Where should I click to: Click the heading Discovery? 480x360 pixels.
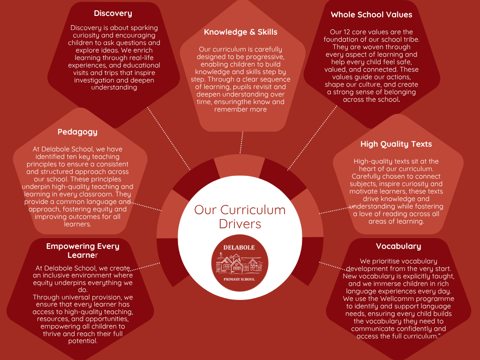[x=112, y=13]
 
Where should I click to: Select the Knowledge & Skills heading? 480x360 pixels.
[x=240, y=32]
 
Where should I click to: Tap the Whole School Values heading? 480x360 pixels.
[x=371, y=15]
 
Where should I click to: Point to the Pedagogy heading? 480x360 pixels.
[x=77, y=132]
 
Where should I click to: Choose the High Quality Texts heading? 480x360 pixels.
[x=396, y=144]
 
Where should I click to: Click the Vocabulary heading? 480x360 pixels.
[x=398, y=246]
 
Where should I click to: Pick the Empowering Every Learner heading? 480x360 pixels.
[x=82, y=250]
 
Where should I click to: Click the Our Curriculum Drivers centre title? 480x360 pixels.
[x=240, y=216]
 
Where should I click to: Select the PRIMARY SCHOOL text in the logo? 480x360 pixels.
[x=239, y=279]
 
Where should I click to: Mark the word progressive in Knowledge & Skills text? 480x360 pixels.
[x=260, y=57]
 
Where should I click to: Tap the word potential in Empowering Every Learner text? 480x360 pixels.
[x=82, y=341]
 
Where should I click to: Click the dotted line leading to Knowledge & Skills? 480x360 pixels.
[x=241, y=142]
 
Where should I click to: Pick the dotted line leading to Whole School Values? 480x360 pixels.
[x=312, y=138]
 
